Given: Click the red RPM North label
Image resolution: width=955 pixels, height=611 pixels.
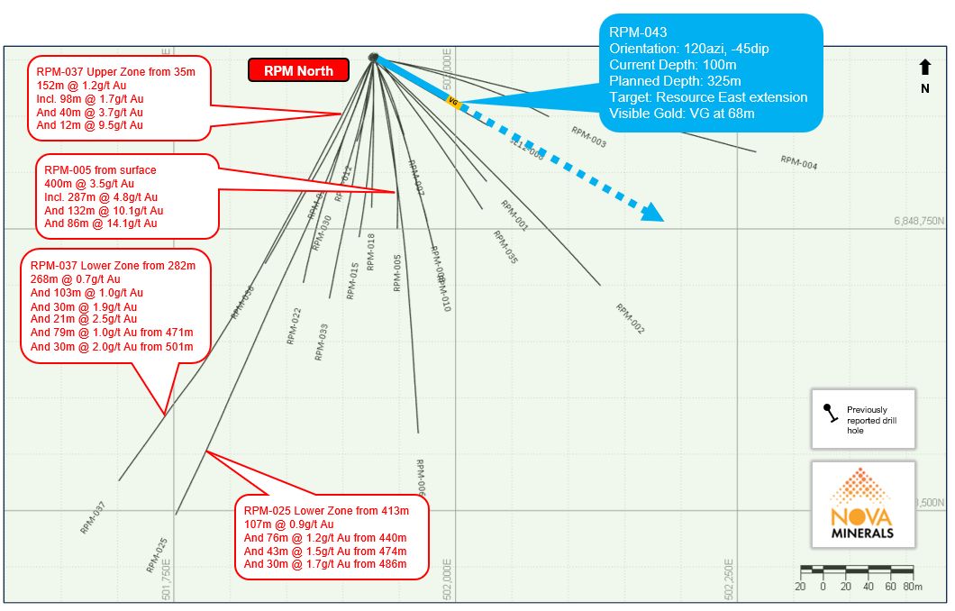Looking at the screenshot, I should (297, 70).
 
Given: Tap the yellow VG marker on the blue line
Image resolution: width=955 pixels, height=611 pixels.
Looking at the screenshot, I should (453, 103).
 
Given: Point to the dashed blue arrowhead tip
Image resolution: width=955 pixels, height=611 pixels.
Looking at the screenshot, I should (661, 219).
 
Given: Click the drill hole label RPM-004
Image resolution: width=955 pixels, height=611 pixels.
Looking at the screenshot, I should (798, 162).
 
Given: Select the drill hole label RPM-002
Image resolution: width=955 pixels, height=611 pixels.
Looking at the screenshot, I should (630, 318).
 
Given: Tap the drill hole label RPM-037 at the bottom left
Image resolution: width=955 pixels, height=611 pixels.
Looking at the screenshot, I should (93, 517).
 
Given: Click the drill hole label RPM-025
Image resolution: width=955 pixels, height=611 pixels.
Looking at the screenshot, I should (157, 555).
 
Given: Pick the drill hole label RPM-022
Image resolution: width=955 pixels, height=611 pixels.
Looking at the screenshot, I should (294, 326).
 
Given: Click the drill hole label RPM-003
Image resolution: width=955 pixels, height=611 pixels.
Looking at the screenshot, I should (588, 136).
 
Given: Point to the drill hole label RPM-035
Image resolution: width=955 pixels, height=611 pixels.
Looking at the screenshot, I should (505, 247).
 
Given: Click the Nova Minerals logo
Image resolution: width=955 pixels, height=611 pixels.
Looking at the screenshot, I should (862, 506).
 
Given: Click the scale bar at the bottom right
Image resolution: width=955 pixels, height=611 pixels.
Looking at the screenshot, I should (857, 570).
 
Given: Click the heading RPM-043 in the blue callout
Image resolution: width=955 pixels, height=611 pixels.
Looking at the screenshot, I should (638, 32).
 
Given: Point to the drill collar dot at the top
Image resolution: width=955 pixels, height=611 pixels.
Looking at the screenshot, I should (373, 58).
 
